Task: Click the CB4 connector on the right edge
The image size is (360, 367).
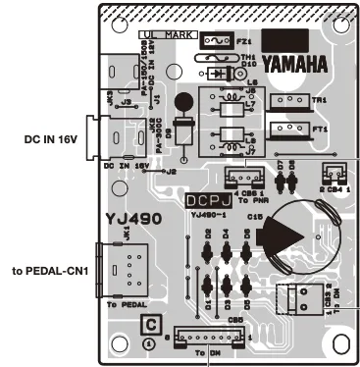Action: point(332,173)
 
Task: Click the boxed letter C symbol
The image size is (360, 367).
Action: point(150,325)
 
